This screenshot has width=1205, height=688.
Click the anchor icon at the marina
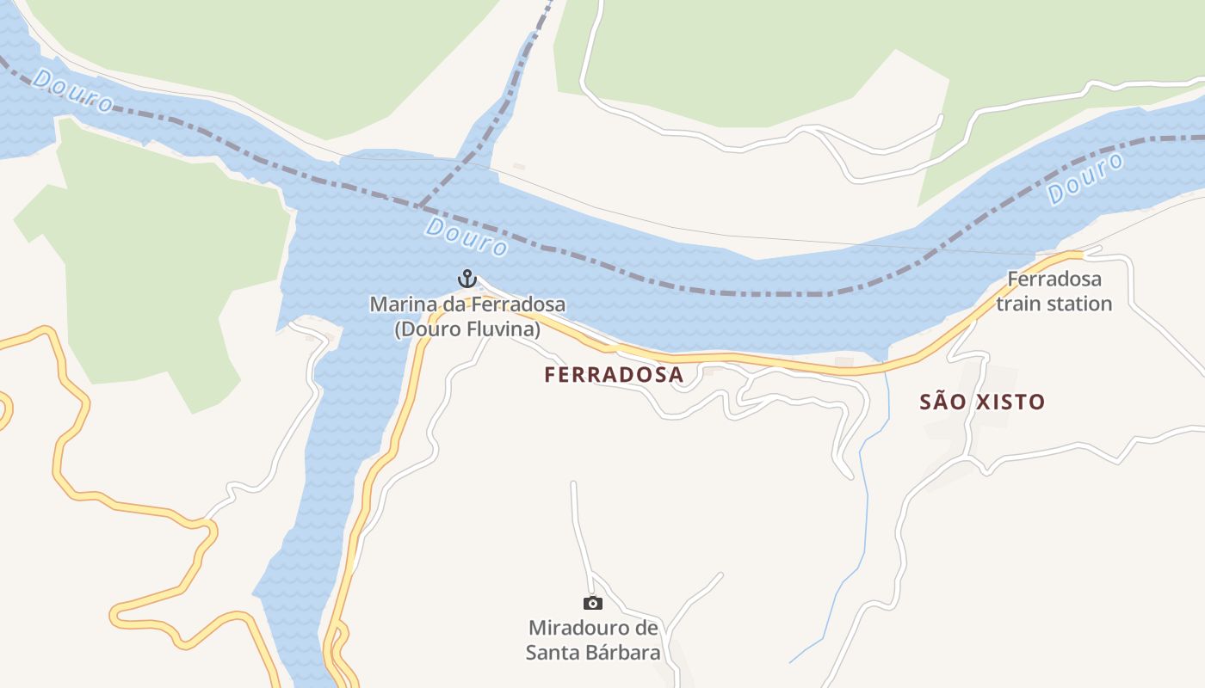click(x=467, y=279)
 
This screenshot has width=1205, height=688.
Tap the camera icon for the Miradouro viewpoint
click(x=593, y=603)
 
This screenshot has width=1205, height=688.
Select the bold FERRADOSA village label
click(x=614, y=375)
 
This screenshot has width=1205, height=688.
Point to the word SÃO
click(x=939, y=402)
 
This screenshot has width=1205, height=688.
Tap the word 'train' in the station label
click(x=1019, y=304)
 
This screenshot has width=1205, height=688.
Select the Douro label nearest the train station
click(x=1086, y=179)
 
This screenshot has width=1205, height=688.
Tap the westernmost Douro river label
click(x=73, y=91)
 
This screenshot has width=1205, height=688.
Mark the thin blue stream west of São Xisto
click(x=863, y=516)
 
